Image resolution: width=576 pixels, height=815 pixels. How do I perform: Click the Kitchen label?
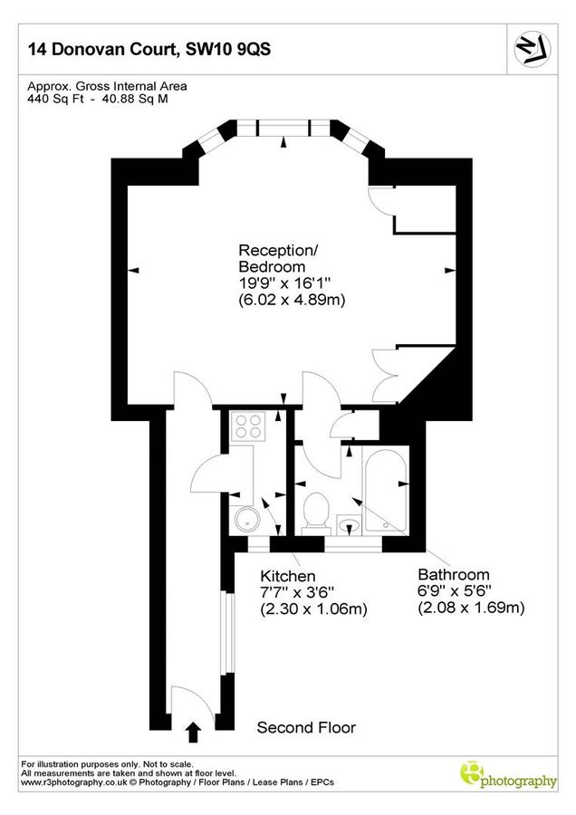[288, 576]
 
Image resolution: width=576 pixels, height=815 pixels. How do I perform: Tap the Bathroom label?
[454, 574]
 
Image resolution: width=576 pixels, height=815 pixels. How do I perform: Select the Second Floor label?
[306, 727]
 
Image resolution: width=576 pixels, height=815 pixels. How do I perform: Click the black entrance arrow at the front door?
[192, 729]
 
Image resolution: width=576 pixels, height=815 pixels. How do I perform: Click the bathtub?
[388, 489]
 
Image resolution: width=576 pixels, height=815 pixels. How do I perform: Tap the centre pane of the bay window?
[283, 128]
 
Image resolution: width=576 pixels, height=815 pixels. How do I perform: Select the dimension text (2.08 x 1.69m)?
[471, 608]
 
